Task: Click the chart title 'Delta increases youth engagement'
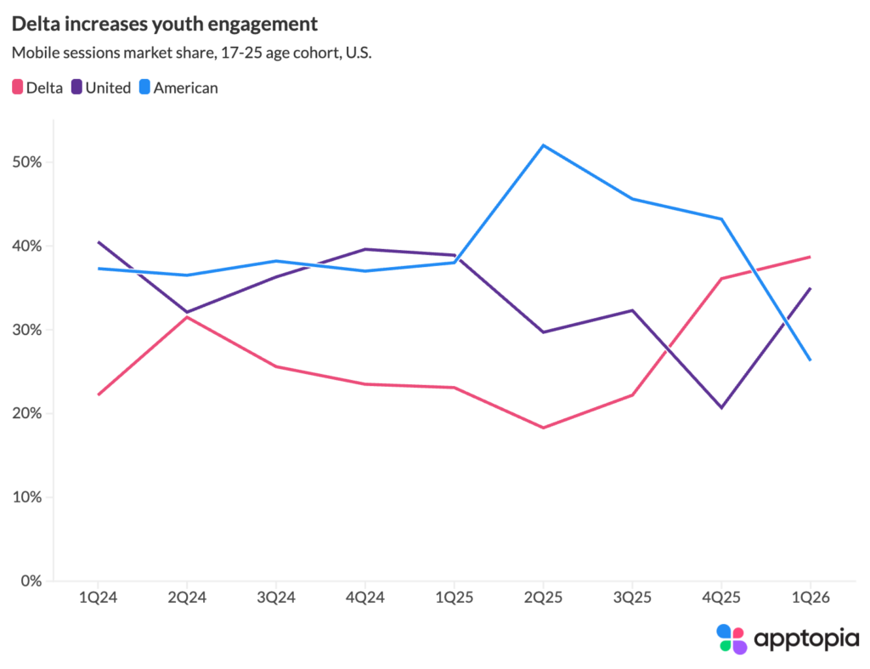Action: [164, 24]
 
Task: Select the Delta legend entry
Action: [37, 87]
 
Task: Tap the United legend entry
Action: [101, 87]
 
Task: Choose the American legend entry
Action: [178, 87]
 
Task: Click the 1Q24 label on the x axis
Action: [99, 598]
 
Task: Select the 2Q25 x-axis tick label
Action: [544, 598]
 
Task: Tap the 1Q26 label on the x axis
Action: [811, 598]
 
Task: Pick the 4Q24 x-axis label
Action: [366, 598]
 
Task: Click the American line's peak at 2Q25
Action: [544, 145]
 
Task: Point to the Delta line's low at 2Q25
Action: [544, 428]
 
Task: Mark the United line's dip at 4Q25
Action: [721, 408]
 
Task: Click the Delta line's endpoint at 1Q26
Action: [811, 257]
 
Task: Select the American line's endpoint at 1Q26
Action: [811, 360]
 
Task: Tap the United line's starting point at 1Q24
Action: [99, 242]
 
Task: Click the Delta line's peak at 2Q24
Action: [188, 317]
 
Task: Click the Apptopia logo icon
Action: [731, 638]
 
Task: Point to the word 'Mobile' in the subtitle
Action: [36, 53]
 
